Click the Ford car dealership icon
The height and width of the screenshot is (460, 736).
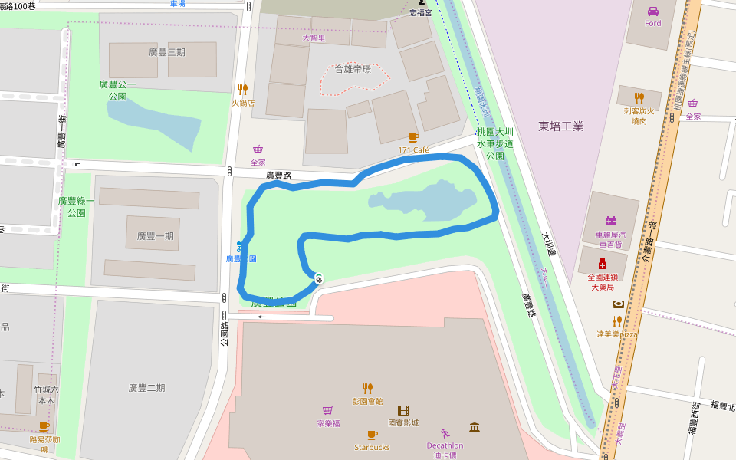tap(653, 11)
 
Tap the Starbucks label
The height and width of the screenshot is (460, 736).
tap(372, 447)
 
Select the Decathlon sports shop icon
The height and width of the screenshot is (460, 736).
tap(445, 433)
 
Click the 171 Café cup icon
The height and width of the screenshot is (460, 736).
tap(413, 138)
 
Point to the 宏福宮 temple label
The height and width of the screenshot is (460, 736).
tap(420, 13)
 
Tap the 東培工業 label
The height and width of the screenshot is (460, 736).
tap(560, 126)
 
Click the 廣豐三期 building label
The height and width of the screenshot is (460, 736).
tap(167, 52)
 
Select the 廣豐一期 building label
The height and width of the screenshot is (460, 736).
tap(155, 236)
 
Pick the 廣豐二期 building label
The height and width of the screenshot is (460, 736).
tap(146, 388)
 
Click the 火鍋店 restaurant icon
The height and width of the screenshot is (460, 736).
tap(243, 90)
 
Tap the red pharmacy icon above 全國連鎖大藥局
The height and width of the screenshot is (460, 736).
tap(603, 264)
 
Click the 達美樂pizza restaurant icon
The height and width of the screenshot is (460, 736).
tap(617, 321)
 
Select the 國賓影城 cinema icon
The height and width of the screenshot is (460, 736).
tap(403, 410)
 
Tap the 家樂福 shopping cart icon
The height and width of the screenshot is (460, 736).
tap(328, 411)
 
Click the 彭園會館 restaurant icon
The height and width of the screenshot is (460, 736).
tap(367, 388)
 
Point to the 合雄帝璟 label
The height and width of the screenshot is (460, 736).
tap(353, 69)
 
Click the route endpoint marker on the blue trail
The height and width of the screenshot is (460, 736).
tap(318, 278)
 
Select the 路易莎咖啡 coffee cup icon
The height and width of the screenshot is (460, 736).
tap(44, 427)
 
